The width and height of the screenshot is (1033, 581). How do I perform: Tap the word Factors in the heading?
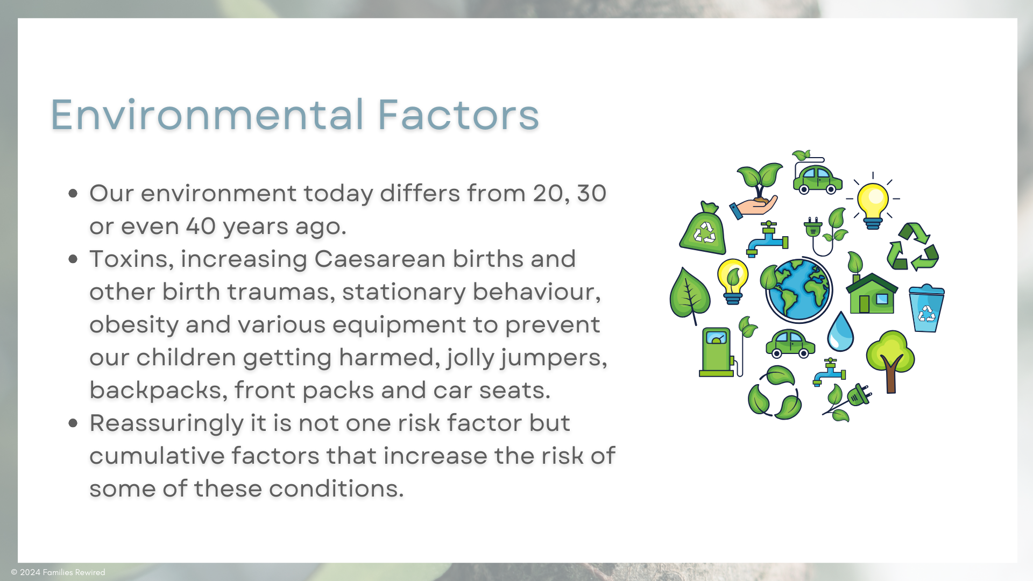point(458,115)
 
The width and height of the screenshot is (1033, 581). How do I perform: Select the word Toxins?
point(131,259)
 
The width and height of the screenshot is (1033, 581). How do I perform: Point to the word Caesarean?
point(380,259)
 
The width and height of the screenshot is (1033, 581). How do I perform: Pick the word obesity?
point(134,325)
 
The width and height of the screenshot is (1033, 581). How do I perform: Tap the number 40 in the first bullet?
point(201,226)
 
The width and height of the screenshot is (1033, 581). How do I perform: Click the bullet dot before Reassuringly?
point(73,423)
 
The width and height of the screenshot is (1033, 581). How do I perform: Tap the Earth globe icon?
point(799,290)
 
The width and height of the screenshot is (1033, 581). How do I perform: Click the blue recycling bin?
point(926,308)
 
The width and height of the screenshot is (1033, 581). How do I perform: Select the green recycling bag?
point(703,229)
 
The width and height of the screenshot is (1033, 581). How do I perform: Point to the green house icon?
point(872,293)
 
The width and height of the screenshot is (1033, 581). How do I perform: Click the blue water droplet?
point(840,331)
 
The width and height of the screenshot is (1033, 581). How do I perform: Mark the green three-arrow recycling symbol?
point(913,247)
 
